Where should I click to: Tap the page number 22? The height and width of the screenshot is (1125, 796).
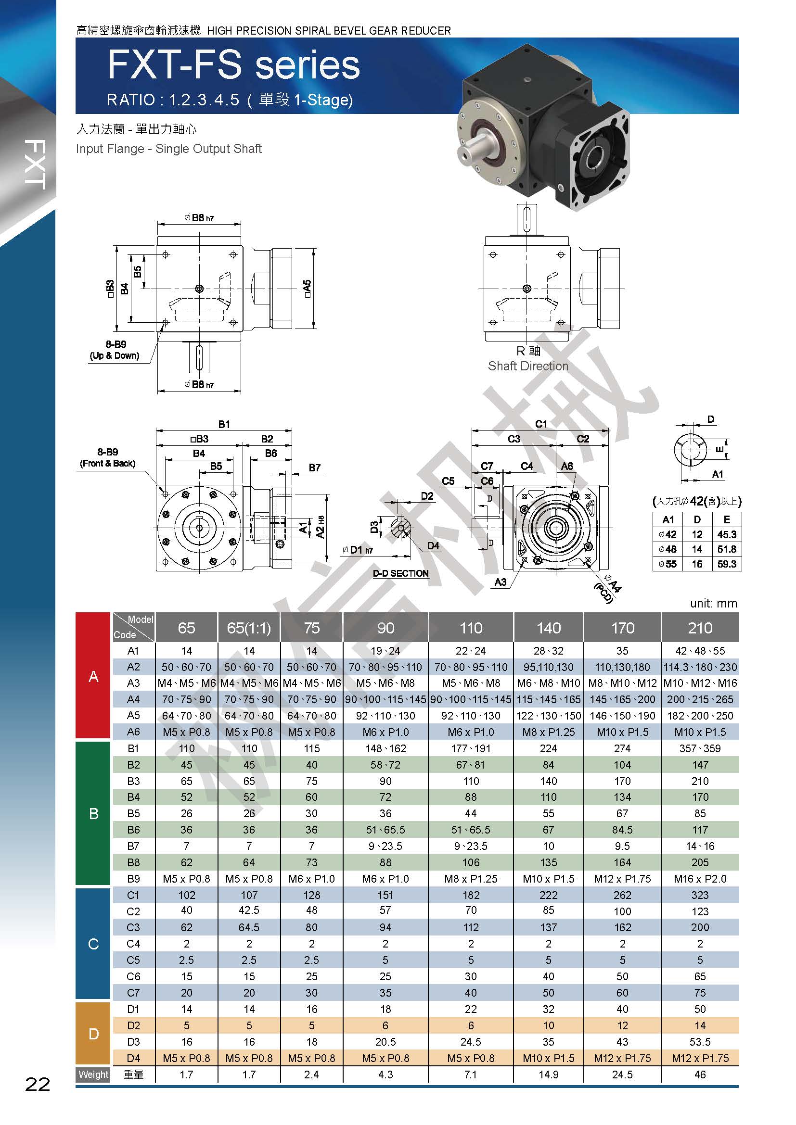click(38, 1084)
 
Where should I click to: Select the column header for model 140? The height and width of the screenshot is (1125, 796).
click(549, 628)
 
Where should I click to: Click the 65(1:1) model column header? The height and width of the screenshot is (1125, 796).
click(249, 628)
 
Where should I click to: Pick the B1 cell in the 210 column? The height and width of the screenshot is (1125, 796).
click(700, 748)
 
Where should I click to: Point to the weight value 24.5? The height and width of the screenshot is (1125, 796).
click(622, 1074)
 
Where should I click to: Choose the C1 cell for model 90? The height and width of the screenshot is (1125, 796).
click(385, 895)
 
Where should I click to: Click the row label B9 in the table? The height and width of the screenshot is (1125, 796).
click(133, 879)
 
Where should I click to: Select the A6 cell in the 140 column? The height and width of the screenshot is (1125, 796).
click(549, 732)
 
